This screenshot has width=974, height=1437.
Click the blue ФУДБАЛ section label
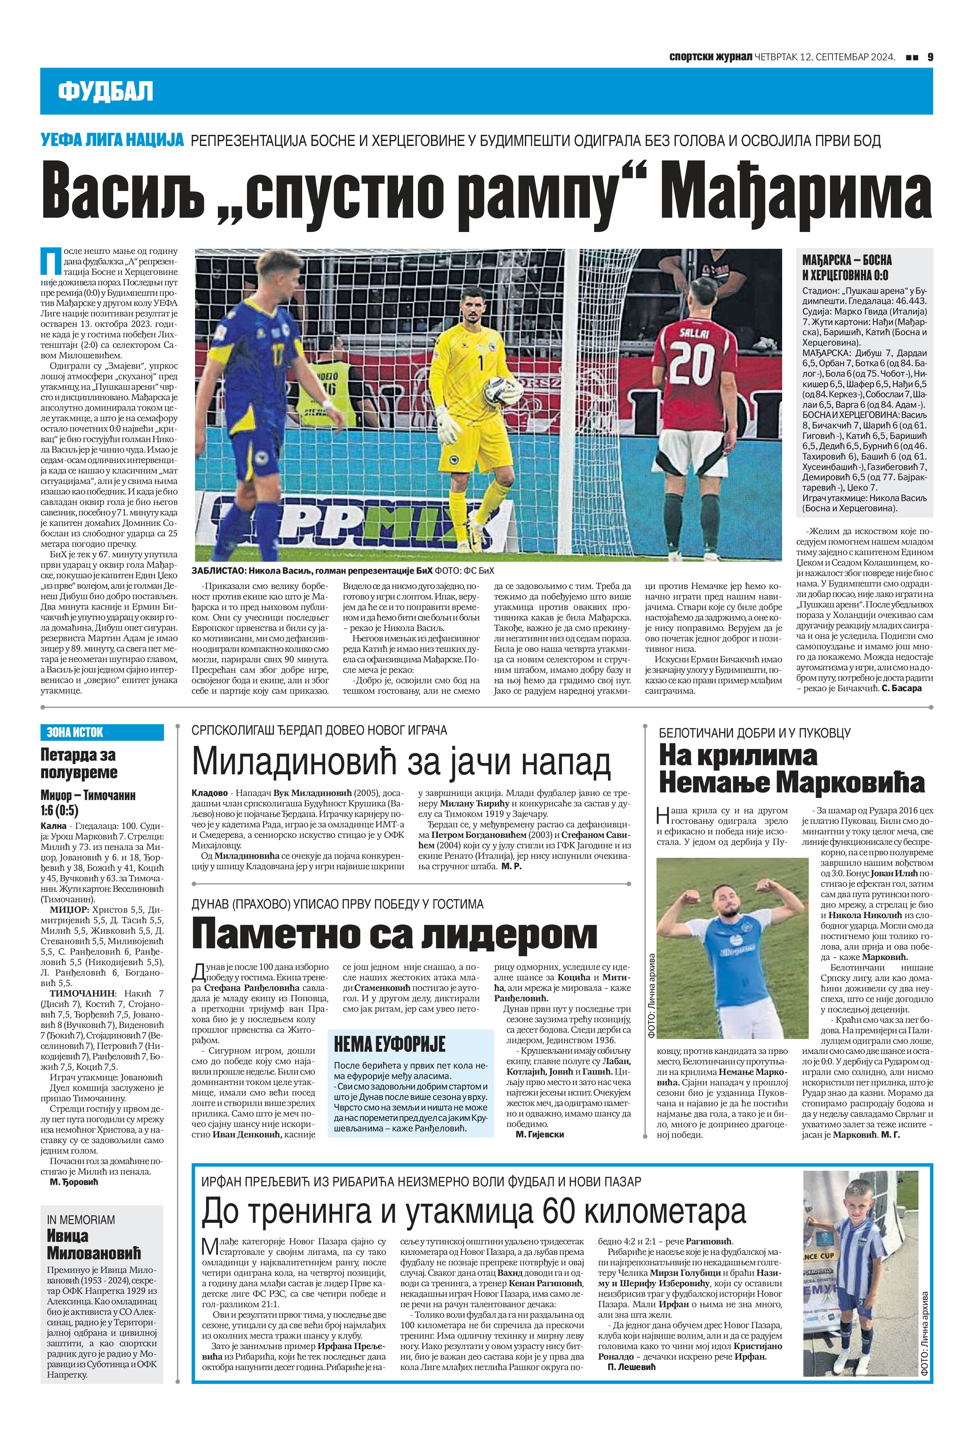point(105,91)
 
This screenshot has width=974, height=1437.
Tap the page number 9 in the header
point(930,57)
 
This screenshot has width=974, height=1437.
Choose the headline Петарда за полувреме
point(78,763)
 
